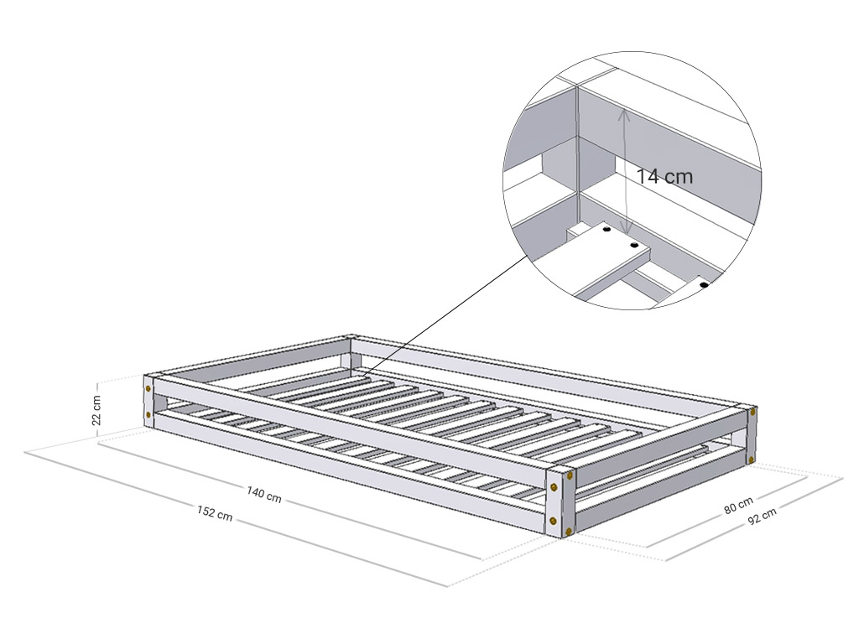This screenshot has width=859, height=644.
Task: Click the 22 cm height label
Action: (x=96, y=410)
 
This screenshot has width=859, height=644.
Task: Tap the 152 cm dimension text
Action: (x=215, y=512)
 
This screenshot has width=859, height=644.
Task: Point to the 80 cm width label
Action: (x=738, y=504)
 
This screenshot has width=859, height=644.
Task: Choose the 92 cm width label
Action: (x=762, y=516)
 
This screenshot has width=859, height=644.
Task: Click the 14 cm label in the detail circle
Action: (x=664, y=176)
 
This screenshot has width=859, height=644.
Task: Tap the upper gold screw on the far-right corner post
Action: (x=752, y=411)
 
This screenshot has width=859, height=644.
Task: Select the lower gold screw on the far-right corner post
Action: (x=751, y=459)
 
